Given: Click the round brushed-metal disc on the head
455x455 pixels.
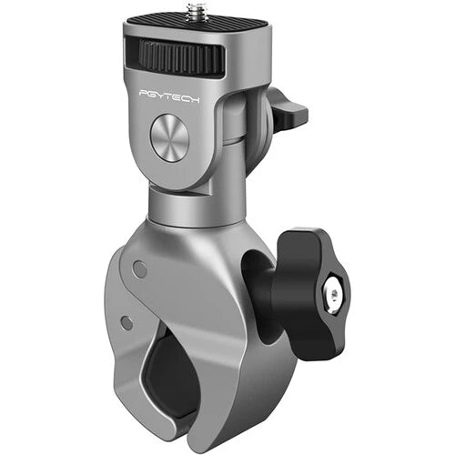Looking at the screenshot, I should pos(169,138).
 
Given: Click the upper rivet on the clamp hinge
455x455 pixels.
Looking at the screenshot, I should pos(139,269).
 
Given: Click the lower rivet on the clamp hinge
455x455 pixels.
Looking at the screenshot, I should pos(126,322).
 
